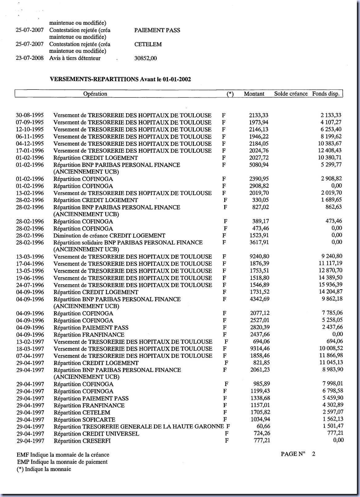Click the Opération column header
95,94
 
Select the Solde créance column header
291,94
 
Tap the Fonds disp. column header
326,94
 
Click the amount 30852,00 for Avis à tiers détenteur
146,58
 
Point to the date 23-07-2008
30,58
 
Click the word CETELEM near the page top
148,44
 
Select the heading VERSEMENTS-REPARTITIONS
94,79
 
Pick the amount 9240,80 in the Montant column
259,257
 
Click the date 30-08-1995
30,115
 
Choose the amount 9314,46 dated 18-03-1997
260,349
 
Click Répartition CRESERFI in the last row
82,441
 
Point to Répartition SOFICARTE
84,420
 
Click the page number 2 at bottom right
314,454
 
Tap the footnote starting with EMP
62,462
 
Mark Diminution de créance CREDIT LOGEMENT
109,236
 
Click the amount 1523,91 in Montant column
259,236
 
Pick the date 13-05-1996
30,271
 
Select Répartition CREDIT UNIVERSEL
96,434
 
